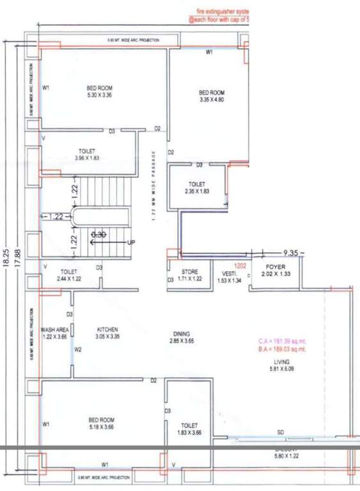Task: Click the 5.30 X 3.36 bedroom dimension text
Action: (99, 95)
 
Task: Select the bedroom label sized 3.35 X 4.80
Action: (212, 100)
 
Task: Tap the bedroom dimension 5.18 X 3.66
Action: (100, 428)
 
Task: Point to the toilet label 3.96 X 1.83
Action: (86, 157)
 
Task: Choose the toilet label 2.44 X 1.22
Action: (68, 279)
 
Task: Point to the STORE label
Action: (191, 272)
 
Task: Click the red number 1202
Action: (240, 265)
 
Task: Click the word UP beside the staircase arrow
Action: (131, 242)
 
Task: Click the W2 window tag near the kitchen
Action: (78, 350)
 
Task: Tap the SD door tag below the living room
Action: (281, 433)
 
